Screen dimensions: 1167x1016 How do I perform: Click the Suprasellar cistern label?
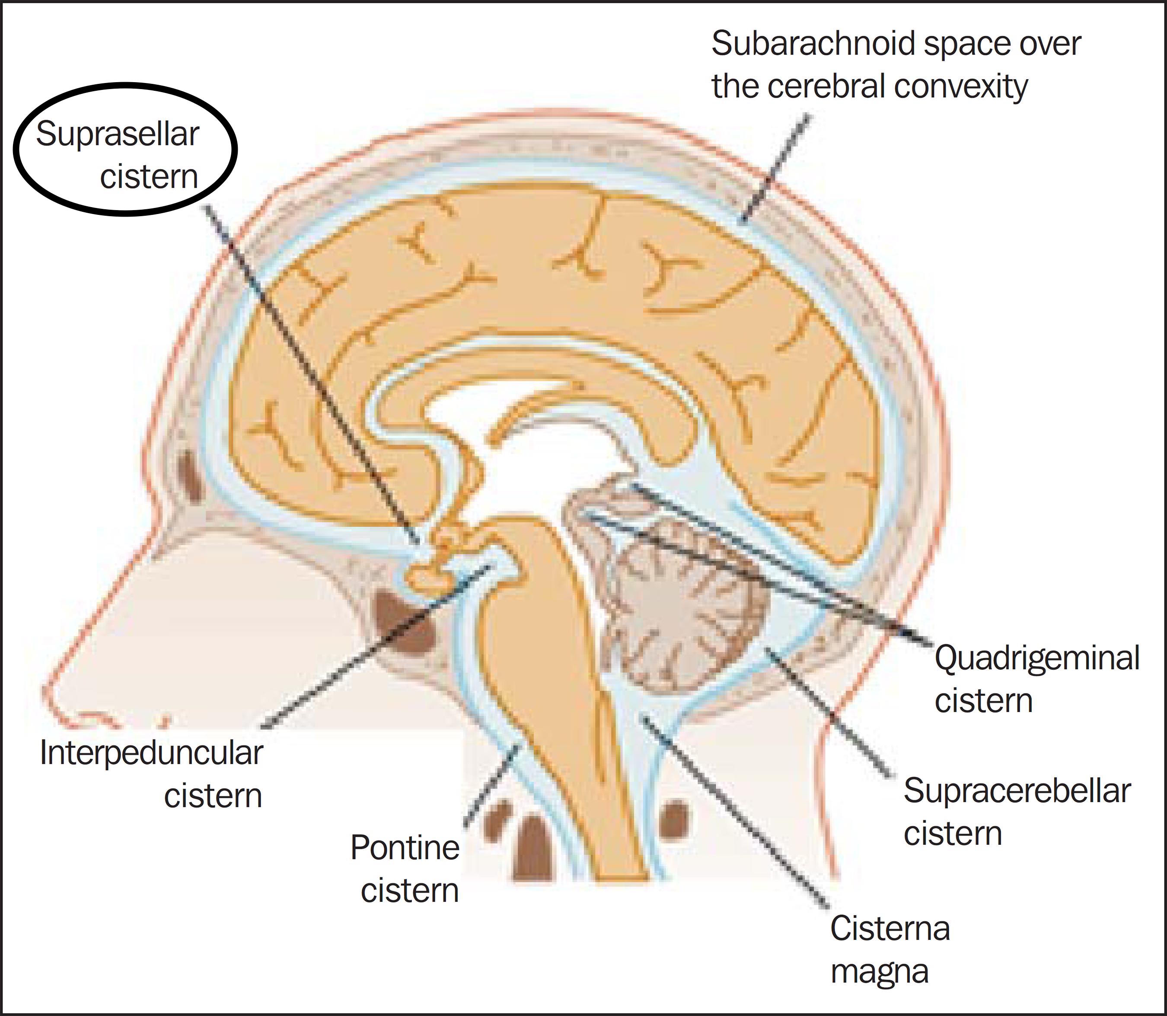117,155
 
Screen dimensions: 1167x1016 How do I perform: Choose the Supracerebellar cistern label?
1017,812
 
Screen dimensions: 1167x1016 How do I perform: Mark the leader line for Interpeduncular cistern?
376,646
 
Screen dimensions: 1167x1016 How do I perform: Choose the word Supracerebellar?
1017,792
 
